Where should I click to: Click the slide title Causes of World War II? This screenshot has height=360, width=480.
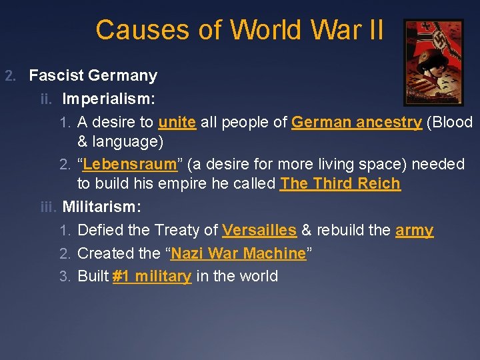[239, 30]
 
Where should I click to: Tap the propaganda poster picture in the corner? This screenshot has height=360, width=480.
[433, 62]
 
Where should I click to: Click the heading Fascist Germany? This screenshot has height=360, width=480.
[93, 75]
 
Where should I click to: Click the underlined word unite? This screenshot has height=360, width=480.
[177, 122]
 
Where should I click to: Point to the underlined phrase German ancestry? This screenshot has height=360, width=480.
[357, 122]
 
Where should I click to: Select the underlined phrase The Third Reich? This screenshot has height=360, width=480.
[341, 183]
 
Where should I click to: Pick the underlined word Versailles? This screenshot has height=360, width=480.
[259, 230]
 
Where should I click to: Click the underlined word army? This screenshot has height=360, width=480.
[414, 230]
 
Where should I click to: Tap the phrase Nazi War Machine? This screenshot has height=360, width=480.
[238, 253]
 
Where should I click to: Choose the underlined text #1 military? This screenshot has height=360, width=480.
[152, 276]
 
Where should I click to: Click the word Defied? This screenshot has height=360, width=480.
[98, 230]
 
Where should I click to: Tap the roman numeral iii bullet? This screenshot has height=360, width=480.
[49, 207]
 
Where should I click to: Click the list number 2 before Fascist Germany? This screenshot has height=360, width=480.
[9, 75]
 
